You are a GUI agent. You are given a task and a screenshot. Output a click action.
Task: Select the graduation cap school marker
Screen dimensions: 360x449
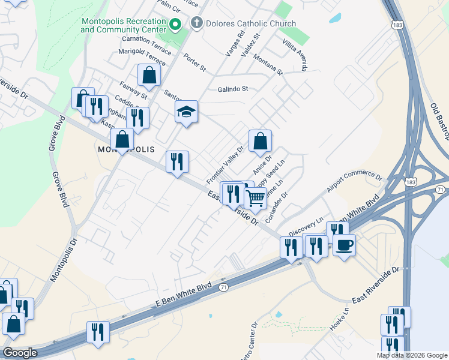tap(187, 112)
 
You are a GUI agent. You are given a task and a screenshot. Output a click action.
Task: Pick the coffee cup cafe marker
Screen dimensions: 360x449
tap(344, 245)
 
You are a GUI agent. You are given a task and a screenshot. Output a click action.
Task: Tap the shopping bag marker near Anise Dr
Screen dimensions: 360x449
tap(260, 142)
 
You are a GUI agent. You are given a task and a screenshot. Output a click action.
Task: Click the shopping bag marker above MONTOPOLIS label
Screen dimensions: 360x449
tap(122, 139)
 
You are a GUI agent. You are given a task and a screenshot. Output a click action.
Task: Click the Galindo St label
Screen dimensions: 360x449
tap(232, 89)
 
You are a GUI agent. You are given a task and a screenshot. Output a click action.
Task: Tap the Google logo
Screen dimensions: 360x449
tap(20, 353)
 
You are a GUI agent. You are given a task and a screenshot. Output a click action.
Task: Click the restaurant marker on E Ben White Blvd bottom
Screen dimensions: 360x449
tap(98, 333)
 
